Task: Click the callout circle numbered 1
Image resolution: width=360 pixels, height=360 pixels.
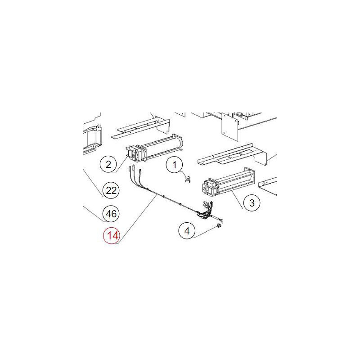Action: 175,166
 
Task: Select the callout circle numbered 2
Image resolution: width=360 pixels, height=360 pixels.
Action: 108,164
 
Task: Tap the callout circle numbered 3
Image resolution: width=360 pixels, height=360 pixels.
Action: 252,203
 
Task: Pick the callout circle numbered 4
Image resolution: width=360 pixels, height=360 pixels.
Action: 187,231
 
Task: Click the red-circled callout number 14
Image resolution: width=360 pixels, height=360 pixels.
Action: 112,235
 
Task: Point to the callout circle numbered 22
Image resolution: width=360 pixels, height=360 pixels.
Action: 111,190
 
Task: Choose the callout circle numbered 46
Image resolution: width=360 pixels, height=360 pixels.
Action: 111,214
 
